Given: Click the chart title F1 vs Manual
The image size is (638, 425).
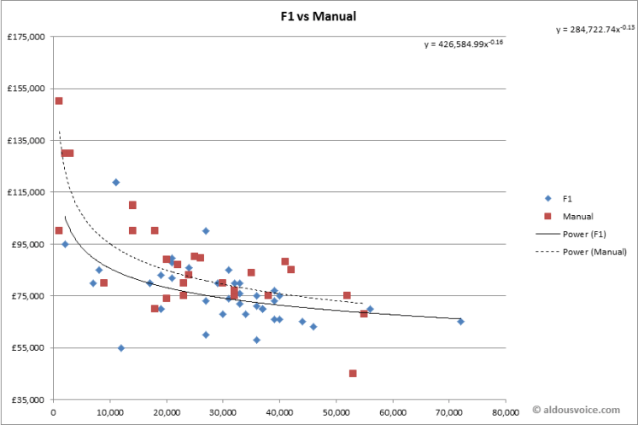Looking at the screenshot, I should [319, 16].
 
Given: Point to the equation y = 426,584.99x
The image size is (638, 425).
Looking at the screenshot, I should [464, 44].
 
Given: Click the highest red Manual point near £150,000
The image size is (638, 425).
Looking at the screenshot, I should [59, 101].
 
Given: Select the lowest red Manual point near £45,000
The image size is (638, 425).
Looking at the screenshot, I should [353, 373].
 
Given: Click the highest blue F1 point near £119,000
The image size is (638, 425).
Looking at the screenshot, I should [115, 182].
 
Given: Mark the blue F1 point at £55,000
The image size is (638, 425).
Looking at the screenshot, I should [121, 347].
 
